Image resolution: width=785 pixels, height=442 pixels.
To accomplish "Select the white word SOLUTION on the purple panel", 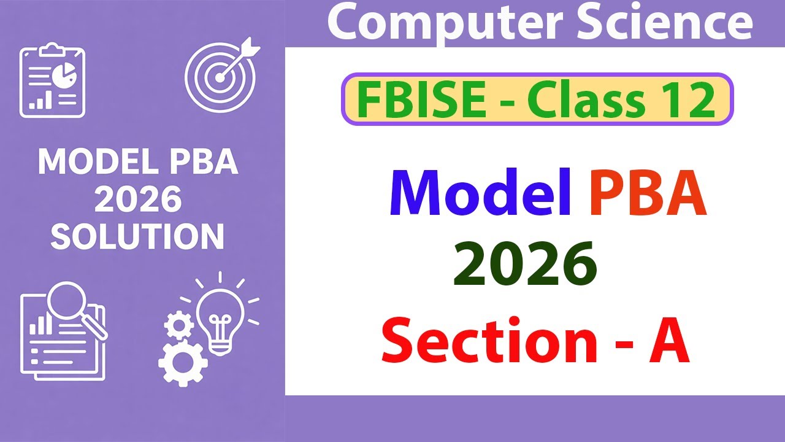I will [x=137, y=236].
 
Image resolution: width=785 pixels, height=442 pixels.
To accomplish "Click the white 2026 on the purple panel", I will [x=138, y=200].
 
